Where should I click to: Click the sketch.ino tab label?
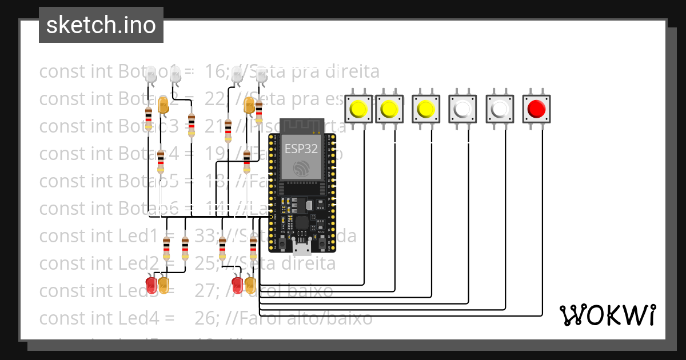point(101,25)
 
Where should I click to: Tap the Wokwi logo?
point(607,315)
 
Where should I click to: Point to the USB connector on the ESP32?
point(301,246)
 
